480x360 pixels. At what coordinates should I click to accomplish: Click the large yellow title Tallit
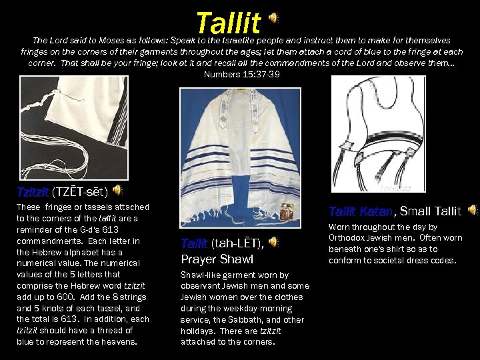tap(229, 23)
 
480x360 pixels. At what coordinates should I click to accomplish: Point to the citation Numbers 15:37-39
tap(241, 74)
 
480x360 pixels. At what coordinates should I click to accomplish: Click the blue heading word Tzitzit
tap(33, 193)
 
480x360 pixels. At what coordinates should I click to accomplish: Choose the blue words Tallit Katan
tap(361, 211)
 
